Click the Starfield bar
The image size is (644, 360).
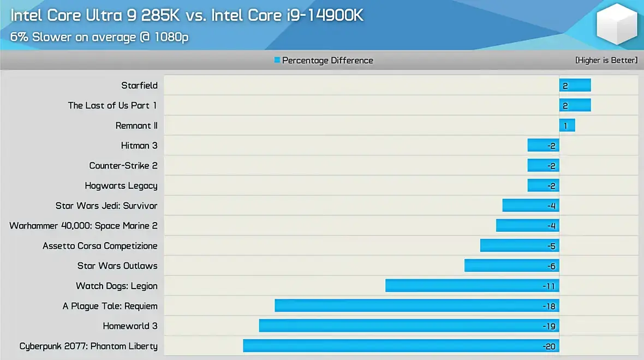coord(575,86)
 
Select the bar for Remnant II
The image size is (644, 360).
coord(567,125)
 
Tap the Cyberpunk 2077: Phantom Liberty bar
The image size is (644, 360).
coord(401,346)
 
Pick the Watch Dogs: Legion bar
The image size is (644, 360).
coord(472,286)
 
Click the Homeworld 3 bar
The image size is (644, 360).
coord(409,326)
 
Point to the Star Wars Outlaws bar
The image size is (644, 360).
coord(511,266)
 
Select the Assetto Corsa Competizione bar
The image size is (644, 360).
coord(520,246)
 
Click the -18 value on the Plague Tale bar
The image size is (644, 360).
coord(548,306)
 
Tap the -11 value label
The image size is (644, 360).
coord(549,286)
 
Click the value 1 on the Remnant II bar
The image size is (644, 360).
coord(565,126)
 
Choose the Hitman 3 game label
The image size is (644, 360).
coord(139,146)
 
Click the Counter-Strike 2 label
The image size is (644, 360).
coord(123,166)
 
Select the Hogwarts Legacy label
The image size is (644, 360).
coord(121,185)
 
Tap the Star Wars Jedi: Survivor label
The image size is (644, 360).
coord(106,206)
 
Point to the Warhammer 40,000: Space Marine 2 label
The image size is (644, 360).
coord(84,226)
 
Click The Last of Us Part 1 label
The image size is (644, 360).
coord(112,105)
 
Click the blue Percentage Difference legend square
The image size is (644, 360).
coord(277,60)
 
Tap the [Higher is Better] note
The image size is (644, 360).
coord(606,60)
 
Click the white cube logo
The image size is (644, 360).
coord(617,25)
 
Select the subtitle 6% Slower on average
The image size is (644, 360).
coord(100,37)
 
